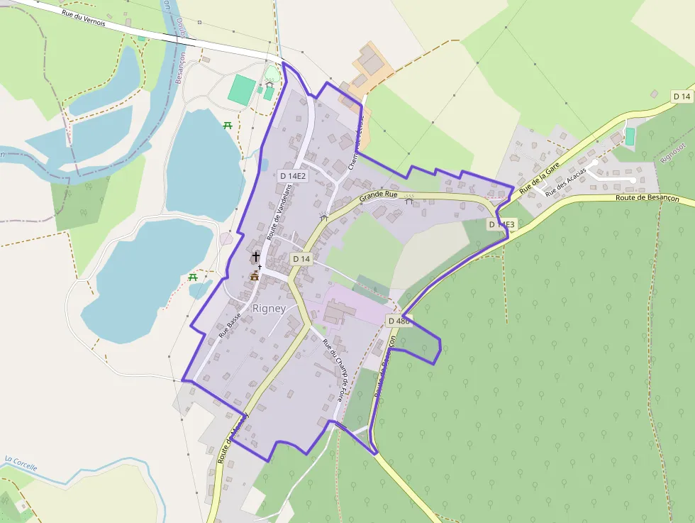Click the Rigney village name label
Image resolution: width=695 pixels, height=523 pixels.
click(269, 309)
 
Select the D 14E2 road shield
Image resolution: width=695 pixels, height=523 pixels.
click(293, 175)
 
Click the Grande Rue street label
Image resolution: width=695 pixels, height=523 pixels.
click(378, 195)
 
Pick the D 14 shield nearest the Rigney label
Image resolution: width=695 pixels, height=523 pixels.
click(301, 259)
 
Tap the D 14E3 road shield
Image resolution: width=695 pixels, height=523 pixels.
click(502, 224)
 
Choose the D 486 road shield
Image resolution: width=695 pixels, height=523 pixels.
click(400, 321)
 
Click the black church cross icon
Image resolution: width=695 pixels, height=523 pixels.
click(256, 255)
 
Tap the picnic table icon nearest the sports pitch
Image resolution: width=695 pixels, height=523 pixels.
click(228, 126)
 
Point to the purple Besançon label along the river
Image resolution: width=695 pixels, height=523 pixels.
click(179, 68)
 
